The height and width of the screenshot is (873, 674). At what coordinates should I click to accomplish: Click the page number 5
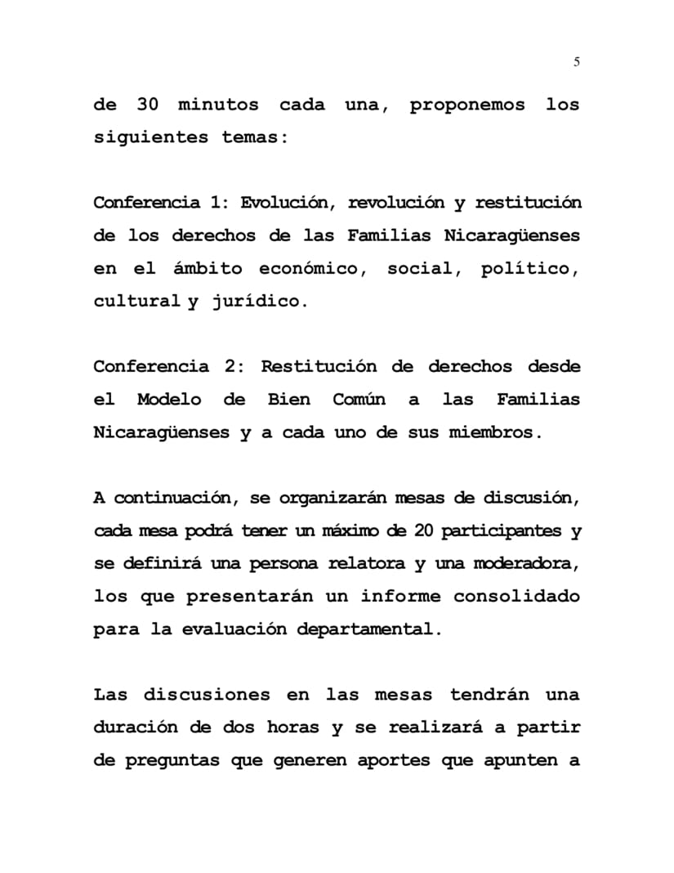(x=577, y=61)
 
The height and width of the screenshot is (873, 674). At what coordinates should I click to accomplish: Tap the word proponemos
(x=467, y=105)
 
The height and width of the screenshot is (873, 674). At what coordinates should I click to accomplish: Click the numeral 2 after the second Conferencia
(x=230, y=367)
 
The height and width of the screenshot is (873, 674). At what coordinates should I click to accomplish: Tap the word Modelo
(x=169, y=400)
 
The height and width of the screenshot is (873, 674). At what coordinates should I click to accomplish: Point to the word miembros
(x=495, y=432)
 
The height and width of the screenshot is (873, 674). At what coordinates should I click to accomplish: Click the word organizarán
(x=334, y=498)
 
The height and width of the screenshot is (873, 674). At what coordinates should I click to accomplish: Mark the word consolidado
(x=516, y=597)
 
